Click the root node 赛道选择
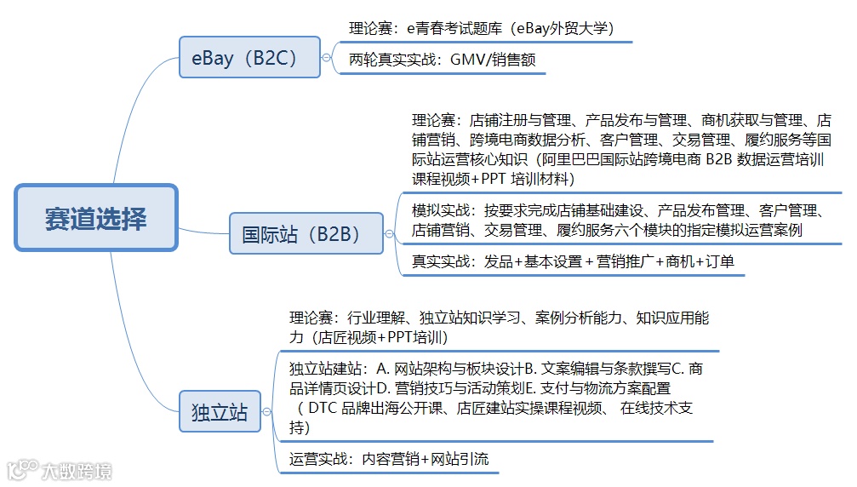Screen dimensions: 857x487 click(x=96, y=219)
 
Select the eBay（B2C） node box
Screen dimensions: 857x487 click(x=249, y=58)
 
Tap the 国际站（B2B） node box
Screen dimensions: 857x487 click(x=306, y=233)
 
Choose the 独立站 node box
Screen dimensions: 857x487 click(x=220, y=412)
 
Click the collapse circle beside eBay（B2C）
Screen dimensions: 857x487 click(x=327, y=58)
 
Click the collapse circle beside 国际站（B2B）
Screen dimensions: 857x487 click(x=389, y=233)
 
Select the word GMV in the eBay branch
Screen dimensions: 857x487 click(x=467, y=60)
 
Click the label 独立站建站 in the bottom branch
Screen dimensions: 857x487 click(x=324, y=369)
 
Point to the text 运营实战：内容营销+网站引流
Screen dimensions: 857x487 click(x=389, y=459)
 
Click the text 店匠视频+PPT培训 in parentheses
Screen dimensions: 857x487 click(x=381, y=337)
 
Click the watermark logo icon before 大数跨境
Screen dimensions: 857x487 click(x=23, y=470)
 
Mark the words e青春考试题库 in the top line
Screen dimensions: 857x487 click(x=457, y=27)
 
